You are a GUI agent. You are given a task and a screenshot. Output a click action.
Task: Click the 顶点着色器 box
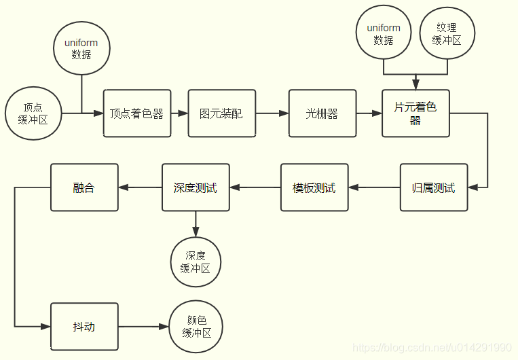[x=137, y=113]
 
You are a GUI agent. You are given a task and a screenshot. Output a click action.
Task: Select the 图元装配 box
[x=222, y=113]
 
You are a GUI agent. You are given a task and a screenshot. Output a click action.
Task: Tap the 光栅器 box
[x=322, y=113]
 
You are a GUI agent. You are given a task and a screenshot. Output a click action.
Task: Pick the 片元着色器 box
[x=415, y=113]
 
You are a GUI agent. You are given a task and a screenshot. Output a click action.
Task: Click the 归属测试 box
[x=434, y=187]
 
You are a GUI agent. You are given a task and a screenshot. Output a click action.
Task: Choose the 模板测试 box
[x=314, y=187]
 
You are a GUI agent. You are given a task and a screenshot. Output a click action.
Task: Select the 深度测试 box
[x=196, y=187]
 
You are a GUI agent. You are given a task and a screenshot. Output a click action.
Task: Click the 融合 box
[x=84, y=187]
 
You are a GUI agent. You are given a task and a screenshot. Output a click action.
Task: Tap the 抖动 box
[x=84, y=327]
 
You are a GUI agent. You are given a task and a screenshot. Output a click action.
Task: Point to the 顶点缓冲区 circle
[x=33, y=113]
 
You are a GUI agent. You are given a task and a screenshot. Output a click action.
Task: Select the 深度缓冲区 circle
[x=196, y=262]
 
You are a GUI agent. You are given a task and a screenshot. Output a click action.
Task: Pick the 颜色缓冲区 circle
[x=197, y=327]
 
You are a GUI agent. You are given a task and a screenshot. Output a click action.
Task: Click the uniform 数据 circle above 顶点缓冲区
[x=81, y=48]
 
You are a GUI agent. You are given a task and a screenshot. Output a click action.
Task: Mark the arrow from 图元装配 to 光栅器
[x=272, y=113]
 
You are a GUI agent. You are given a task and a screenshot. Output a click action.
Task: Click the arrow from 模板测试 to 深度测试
[x=256, y=187]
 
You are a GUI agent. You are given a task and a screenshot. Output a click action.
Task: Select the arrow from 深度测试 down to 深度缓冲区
[x=196, y=223]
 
